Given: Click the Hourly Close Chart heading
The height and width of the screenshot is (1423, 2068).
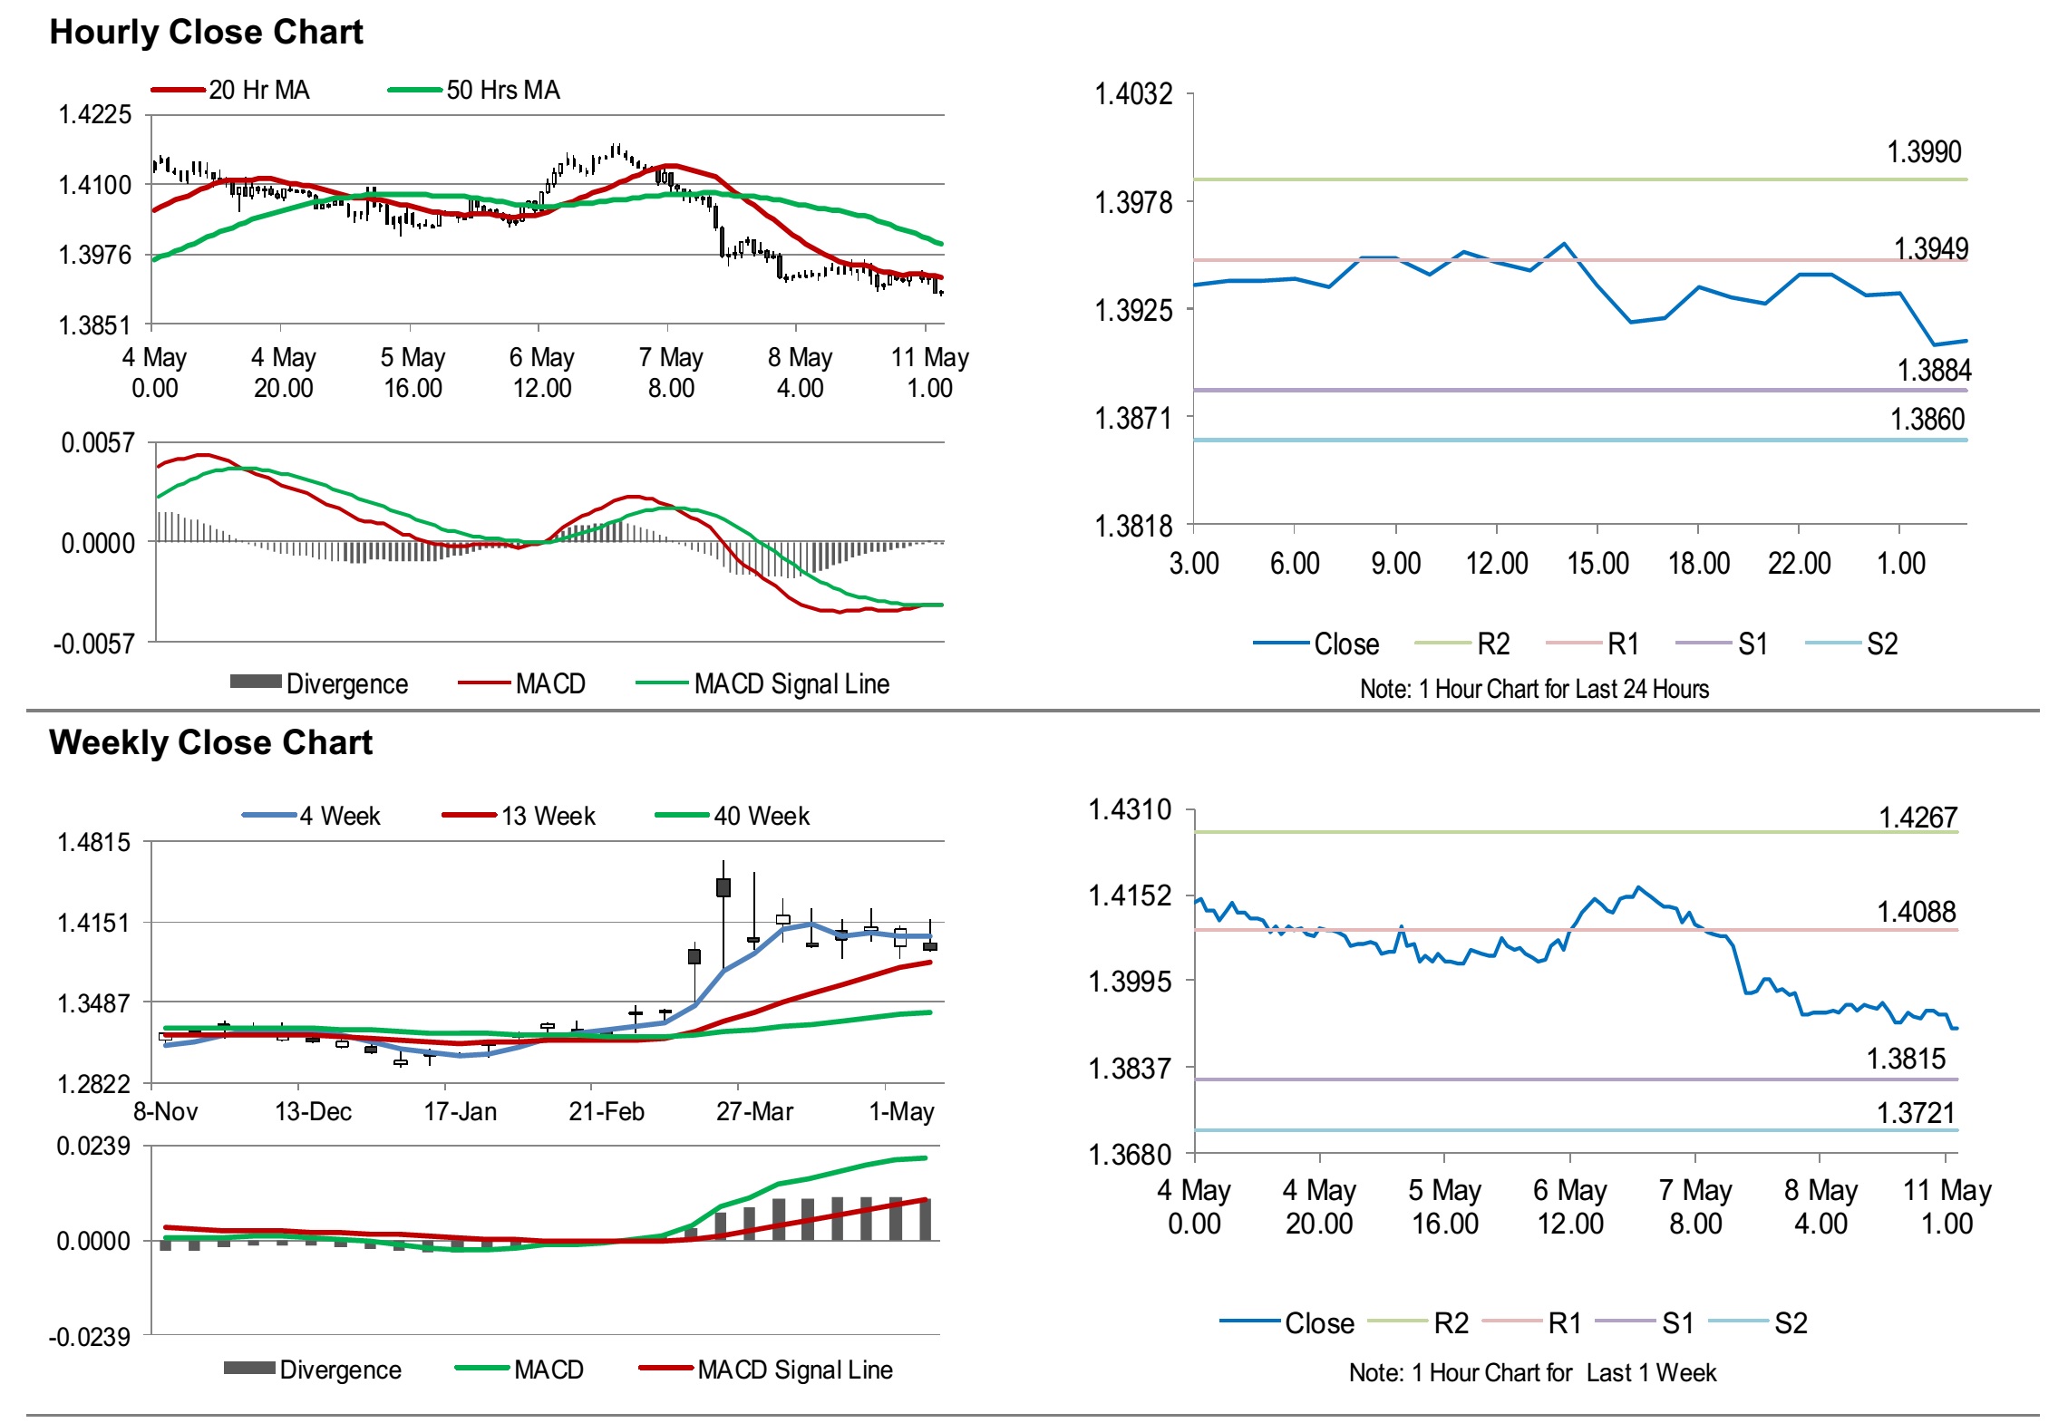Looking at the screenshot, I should coord(206,32).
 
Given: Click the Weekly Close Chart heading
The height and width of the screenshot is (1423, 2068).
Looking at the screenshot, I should coord(210,742).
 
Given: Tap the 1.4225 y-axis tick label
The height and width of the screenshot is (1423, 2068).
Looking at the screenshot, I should coord(95,115).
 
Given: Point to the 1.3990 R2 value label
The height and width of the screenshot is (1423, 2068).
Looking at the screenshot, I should coord(1923,151).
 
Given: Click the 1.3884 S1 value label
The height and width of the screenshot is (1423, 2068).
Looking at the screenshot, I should coord(1934,370).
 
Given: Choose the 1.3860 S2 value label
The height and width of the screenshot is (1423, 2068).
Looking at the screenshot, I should coord(1927,419).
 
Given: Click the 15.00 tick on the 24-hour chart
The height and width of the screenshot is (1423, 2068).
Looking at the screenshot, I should coord(1597,563).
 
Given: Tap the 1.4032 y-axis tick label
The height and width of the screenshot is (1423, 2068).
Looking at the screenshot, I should coord(1133,93).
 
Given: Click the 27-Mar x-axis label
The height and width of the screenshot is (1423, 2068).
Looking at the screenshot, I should coord(754,1111).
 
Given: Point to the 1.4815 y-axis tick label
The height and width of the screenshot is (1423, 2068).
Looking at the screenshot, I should coord(94,842).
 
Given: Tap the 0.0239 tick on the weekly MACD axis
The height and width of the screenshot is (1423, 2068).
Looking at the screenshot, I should coord(93,1146).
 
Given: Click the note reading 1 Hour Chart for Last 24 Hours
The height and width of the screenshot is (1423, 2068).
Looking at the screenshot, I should coord(1534,689).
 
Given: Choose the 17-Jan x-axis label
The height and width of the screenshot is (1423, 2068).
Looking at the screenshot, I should coord(461,1111).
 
